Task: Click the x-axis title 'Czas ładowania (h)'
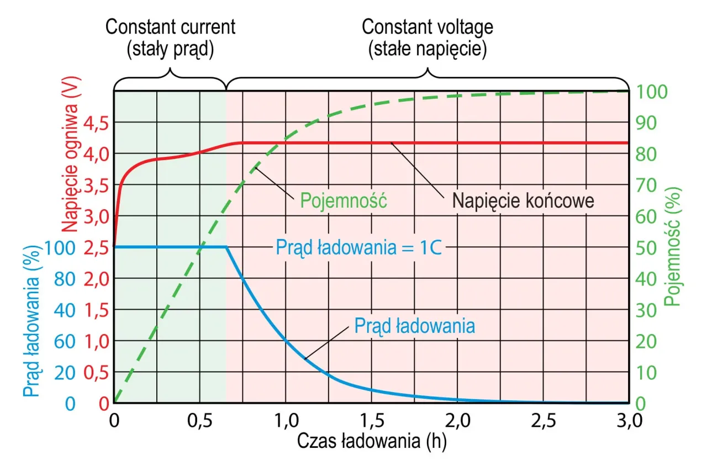(371, 441)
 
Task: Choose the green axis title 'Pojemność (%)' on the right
(672, 246)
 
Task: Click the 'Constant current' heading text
(170, 27)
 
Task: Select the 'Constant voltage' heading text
(427, 27)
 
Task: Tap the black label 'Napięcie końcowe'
(523, 200)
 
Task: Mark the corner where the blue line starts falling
(227, 247)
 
